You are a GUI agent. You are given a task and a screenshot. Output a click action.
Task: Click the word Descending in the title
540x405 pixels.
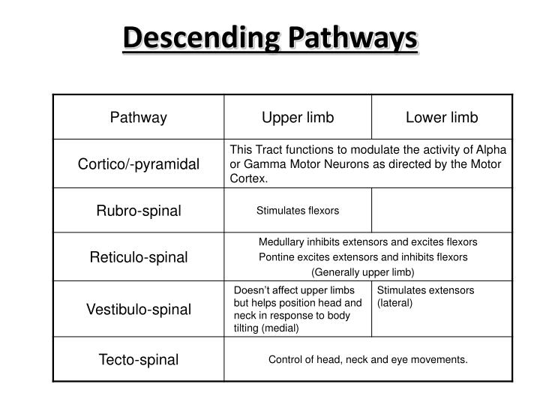(x=193, y=37)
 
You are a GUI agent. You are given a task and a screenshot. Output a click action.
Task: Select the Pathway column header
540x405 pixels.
(x=139, y=117)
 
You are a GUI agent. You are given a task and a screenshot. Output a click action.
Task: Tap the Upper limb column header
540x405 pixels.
(x=298, y=117)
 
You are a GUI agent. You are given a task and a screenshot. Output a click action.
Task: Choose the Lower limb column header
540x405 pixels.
(x=442, y=117)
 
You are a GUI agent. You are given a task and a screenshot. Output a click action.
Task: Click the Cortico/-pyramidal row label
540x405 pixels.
(x=139, y=164)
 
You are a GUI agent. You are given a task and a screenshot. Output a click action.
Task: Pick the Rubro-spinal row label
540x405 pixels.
(x=139, y=211)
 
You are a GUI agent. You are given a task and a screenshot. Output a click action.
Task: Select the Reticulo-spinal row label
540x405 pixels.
(x=139, y=257)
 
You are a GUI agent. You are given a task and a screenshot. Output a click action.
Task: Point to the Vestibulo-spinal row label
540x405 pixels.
(x=139, y=309)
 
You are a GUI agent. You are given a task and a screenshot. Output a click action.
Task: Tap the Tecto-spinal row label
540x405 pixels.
(x=139, y=359)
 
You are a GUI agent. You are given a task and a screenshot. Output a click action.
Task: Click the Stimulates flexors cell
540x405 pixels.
(x=298, y=211)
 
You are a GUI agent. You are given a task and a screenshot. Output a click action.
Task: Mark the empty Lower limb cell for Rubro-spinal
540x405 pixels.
(x=442, y=211)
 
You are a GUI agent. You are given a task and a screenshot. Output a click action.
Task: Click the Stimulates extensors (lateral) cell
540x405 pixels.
(x=425, y=296)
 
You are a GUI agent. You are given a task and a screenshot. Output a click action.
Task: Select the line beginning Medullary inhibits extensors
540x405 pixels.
(x=367, y=242)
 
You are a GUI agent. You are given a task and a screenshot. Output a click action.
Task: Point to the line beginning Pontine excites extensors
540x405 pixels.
(x=363, y=257)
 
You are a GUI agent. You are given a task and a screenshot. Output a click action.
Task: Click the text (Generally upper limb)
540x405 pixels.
(x=362, y=272)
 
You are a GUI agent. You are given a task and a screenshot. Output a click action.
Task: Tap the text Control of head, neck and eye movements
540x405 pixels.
(x=367, y=359)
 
